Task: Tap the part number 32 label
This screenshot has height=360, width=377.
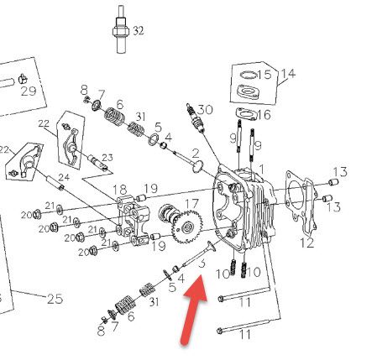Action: [139, 30]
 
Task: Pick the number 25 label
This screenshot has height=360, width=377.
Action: [55, 299]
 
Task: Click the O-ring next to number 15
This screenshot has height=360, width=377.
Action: [249, 75]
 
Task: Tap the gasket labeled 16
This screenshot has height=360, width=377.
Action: [245, 114]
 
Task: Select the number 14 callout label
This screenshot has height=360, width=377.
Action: [288, 74]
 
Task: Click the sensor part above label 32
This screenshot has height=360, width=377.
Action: [121, 29]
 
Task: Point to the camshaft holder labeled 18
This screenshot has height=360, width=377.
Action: [133, 220]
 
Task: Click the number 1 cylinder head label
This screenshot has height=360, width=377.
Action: [261, 170]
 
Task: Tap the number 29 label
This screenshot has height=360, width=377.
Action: [29, 91]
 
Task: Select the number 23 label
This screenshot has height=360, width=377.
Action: [107, 158]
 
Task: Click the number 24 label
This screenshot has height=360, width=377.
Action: [64, 177]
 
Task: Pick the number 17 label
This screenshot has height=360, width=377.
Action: [192, 203]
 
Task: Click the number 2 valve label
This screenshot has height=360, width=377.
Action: [196, 154]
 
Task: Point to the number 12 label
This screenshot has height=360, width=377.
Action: [307, 243]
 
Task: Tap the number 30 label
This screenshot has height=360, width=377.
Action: [205, 110]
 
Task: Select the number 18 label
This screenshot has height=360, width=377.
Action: [120, 190]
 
